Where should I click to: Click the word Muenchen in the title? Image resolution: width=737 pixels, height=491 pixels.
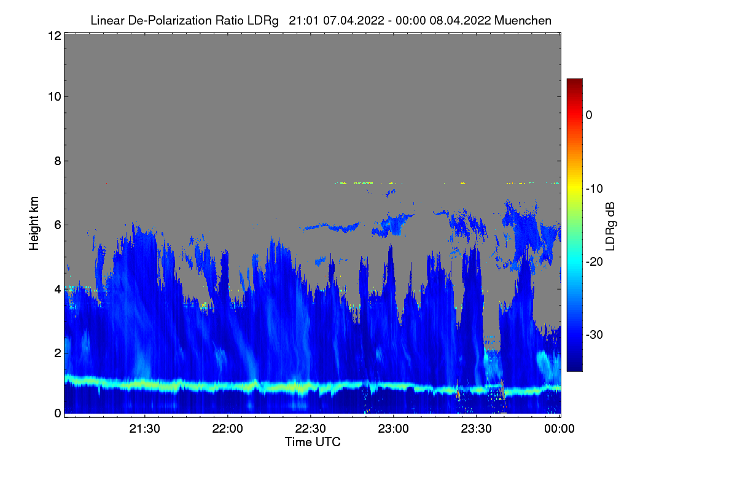[x=523, y=20]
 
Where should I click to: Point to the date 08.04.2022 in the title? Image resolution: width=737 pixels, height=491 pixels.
[x=459, y=20]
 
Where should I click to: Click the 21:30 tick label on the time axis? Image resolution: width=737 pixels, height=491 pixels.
[x=145, y=429]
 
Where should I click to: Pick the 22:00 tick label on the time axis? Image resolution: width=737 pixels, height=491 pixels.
[x=228, y=429]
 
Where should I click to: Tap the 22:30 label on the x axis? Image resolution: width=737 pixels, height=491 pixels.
[x=311, y=429]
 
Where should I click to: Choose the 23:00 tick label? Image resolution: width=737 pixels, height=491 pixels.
[x=394, y=429]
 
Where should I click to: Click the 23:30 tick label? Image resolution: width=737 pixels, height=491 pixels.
[x=477, y=429]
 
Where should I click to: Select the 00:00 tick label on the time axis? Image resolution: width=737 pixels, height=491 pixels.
[x=560, y=429]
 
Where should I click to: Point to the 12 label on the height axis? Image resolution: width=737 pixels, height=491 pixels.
[x=53, y=36]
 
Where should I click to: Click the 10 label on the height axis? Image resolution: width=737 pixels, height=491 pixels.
[x=53, y=96]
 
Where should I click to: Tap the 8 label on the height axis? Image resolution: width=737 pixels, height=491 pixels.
[x=57, y=161]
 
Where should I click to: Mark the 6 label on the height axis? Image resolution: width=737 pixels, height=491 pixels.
[x=57, y=225]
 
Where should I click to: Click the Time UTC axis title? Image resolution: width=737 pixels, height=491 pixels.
[x=313, y=442]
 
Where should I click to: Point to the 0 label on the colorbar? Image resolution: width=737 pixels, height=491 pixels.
[x=589, y=115]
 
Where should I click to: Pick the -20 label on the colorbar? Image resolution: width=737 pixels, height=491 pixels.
[x=593, y=261]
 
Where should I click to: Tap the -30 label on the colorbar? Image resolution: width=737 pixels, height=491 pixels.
[x=593, y=335]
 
